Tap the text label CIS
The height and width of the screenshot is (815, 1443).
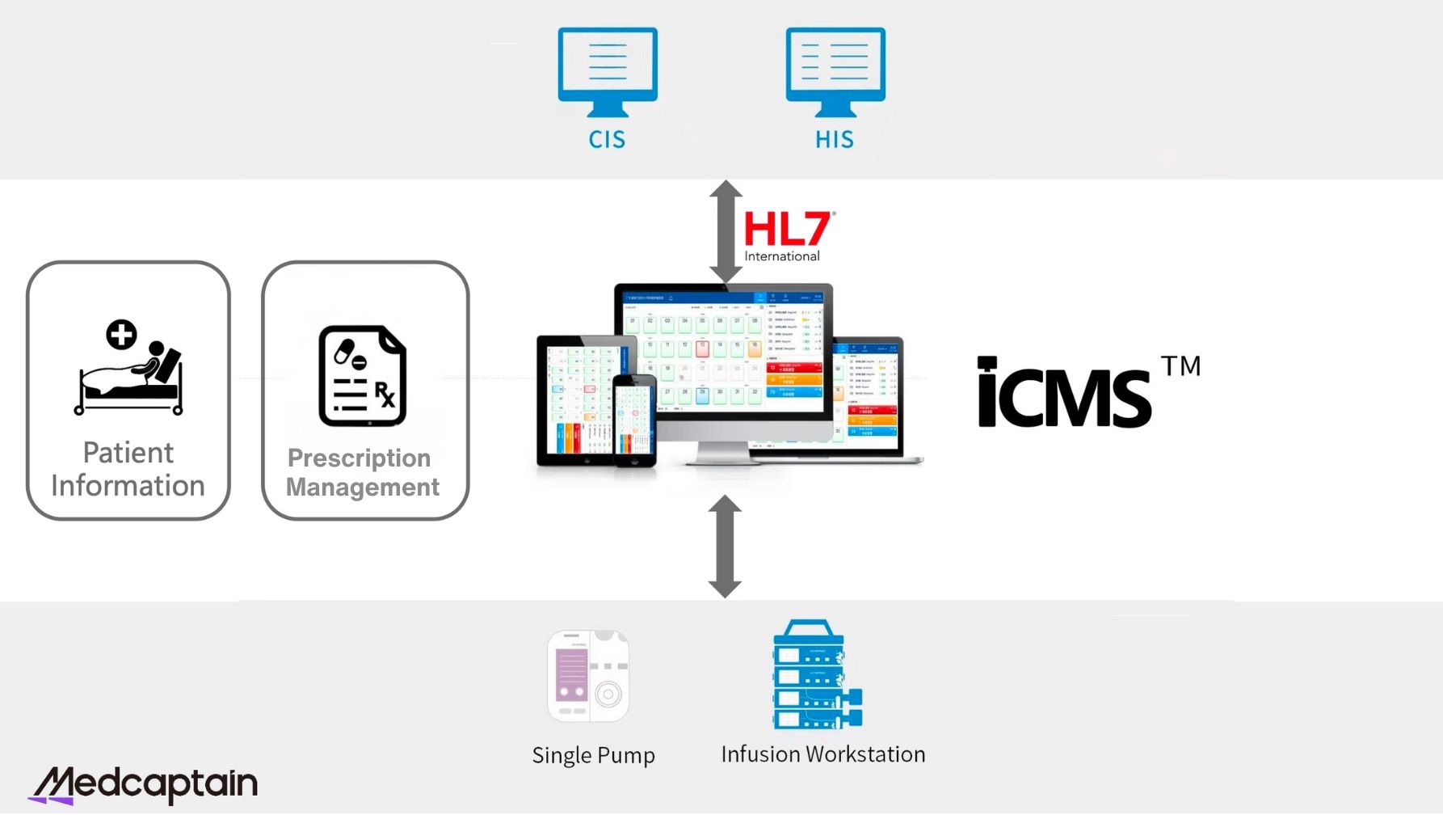coord(607,140)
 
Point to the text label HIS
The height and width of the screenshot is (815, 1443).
coord(835,140)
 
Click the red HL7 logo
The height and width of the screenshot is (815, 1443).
coord(786,230)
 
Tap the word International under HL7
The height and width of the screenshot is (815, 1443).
coord(782,256)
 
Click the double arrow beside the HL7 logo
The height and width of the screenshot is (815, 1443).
coord(726,231)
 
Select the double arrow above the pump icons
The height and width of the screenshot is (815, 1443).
coord(725,547)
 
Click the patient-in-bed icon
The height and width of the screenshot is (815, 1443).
coord(129,367)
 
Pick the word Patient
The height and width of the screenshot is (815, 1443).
coord(128,453)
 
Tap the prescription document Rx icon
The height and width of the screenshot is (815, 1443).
coord(363,376)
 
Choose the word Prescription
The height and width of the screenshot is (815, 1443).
coord(360,458)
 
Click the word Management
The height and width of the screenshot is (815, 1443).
coord(363,488)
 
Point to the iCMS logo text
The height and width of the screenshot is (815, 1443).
coord(1064,394)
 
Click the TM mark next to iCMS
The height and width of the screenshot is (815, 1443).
coord(1181,366)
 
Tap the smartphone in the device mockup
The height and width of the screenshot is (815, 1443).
coord(634,420)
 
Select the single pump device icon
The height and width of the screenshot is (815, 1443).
coord(588,676)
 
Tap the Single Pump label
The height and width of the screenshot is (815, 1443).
coord(594,755)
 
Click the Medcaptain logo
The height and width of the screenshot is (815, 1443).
coord(144,784)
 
